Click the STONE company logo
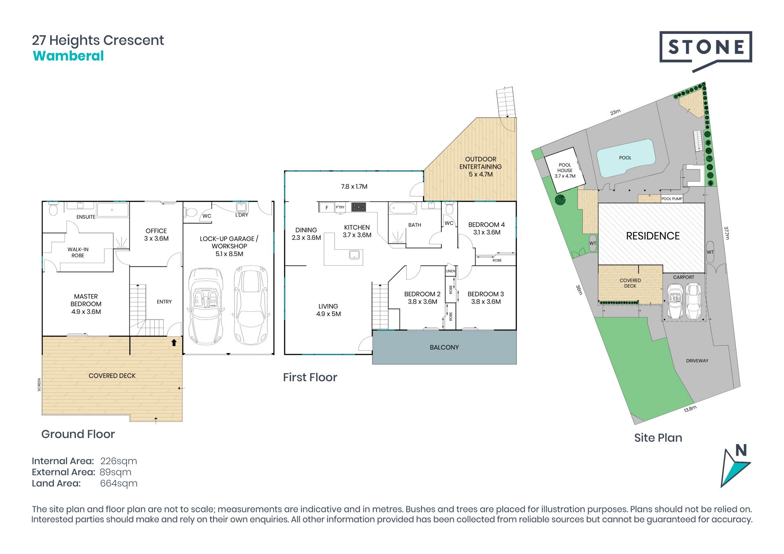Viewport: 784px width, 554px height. tap(706, 51)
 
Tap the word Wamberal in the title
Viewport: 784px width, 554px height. tap(68, 56)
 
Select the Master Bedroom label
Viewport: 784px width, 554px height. tap(86, 304)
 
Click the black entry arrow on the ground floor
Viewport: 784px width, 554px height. tap(174, 342)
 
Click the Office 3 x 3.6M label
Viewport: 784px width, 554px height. tap(156, 235)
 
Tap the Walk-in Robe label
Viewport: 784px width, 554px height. tap(78, 252)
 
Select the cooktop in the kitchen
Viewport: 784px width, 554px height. tap(359, 207)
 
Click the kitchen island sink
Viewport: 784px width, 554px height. tap(354, 255)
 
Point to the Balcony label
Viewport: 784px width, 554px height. tap(444, 347)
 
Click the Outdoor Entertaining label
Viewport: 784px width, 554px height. tap(481, 167)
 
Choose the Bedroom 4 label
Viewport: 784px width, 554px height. tap(486, 228)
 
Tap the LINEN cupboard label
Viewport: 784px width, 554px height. tap(450, 271)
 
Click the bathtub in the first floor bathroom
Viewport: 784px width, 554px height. tap(402, 208)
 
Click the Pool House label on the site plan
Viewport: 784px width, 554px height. tap(565, 170)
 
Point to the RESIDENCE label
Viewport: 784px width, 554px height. tap(653, 236)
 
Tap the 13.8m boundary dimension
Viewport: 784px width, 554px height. tap(690, 409)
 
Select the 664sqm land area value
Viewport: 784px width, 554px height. tap(119, 484)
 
